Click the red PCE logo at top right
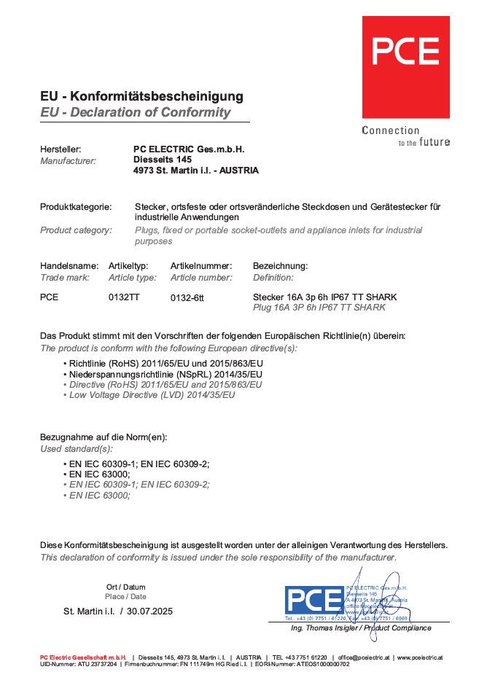tap(405, 66)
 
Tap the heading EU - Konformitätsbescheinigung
tap(141, 96)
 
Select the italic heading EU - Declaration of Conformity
tap(135, 112)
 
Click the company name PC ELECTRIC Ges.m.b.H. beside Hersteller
tap(190, 149)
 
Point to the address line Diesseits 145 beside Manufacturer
tap(163, 160)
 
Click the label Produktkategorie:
tap(76, 207)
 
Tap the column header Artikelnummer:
tap(201, 266)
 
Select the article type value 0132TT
tap(124, 297)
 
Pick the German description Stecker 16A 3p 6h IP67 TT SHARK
tap(324, 297)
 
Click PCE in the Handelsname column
tap(49, 297)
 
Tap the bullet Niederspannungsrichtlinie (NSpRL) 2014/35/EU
tap(165, 374)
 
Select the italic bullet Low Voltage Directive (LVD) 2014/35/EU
tap(152, 394)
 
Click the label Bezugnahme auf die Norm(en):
tap(104, 437)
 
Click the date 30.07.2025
tap(149, 611)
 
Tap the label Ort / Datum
tap(125, 587)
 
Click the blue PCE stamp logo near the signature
tap(314, 600)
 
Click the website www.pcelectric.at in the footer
tap(419, 657)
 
